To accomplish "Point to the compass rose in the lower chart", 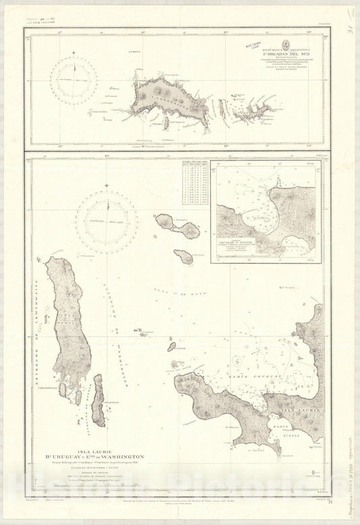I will coord(105,220).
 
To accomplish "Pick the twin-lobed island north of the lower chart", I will coord(178,226).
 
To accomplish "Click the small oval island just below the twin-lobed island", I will coord(182,257).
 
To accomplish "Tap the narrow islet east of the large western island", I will coord(99,400).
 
